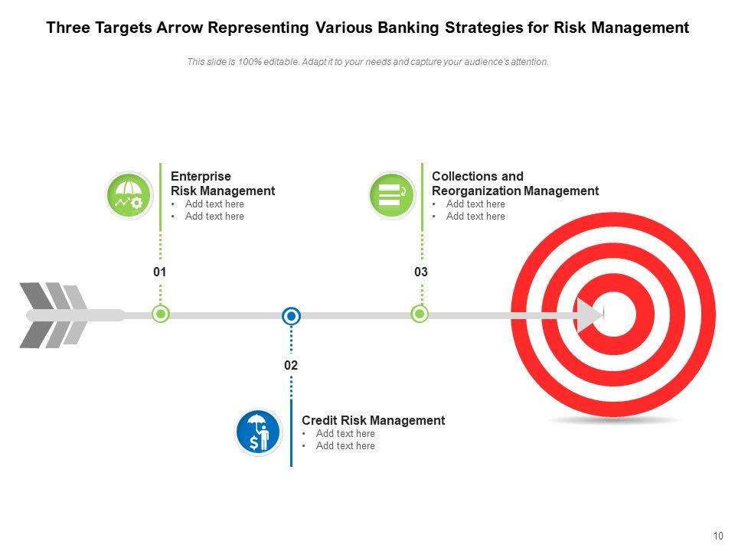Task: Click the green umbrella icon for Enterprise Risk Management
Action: coord(129,195)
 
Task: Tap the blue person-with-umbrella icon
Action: coord(259,432)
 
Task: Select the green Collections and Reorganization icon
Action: coord(392,195)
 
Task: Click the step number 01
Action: coord(160,272)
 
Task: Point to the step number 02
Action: coord(291,366)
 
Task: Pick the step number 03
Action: coord(421,272)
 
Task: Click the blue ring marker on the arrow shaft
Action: coord(291,315)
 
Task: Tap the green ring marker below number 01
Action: coord(161,314)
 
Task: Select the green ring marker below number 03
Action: coord(420,314)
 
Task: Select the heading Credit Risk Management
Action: coord(373,420)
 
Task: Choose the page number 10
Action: coord(717,536)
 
